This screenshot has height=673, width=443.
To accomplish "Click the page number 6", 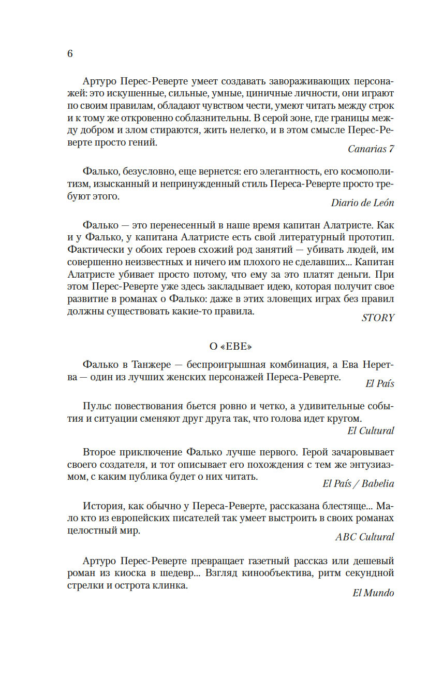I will (x=70, y=54).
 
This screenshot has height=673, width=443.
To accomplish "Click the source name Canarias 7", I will (x=371, y=149).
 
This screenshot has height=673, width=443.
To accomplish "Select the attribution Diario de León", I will (x=362, y=203).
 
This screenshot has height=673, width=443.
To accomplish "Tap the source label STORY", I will (x=378, y=318).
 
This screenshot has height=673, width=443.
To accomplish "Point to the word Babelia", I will (x=378, y=484).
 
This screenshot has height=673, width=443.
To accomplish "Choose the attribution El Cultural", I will (x=370, y=431).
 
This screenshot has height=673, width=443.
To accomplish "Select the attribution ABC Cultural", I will (x=364, y=537).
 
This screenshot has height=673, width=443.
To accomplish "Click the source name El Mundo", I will (x=373, y=593).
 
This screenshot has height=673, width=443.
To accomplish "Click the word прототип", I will (x=372, y=238).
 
